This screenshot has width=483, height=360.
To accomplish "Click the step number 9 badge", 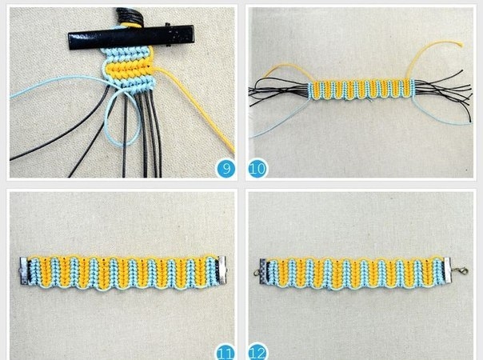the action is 226,169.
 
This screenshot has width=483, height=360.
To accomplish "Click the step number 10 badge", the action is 257,169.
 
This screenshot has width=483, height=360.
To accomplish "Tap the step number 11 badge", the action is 226,352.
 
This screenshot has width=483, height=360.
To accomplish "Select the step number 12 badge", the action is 257,352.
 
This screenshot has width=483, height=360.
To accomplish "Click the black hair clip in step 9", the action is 131,36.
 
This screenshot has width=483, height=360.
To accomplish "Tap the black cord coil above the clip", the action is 129,18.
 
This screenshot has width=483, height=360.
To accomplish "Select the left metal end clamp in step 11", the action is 25,270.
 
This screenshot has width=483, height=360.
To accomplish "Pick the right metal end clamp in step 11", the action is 222,270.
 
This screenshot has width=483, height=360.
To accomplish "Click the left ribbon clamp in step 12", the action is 263,271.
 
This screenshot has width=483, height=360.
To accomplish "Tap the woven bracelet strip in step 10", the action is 361,89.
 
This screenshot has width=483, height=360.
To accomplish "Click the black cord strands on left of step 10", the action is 279,91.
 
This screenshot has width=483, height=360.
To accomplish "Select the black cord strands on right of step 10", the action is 444,90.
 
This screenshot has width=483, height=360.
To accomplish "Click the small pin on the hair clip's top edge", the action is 168,24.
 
